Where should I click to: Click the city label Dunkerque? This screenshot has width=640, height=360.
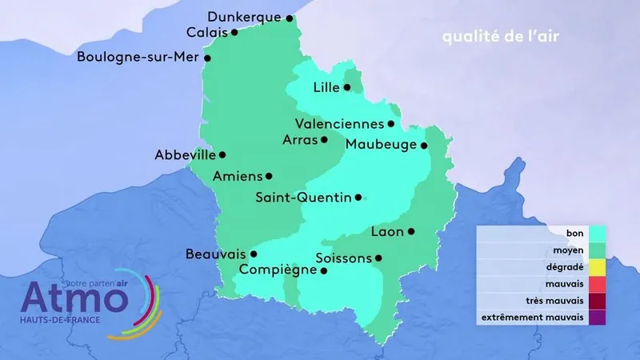244,17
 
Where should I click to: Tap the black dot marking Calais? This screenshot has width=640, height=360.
234,33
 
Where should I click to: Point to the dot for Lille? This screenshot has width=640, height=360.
347,87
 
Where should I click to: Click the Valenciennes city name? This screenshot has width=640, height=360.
338,124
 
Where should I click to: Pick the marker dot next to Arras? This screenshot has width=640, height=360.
324,139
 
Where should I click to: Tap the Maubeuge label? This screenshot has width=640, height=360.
382,145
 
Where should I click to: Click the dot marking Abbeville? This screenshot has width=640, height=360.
222,154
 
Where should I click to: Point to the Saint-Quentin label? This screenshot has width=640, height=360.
303,197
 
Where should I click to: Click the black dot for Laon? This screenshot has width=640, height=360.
411,231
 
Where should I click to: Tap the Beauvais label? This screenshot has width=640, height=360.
215,254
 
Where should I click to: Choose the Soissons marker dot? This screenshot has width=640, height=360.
378,258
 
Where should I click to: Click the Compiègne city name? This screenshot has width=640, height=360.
283,270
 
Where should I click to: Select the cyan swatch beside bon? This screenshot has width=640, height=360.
596,233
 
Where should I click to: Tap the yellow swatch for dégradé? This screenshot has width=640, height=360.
596,266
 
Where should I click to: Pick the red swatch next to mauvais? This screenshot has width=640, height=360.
596,283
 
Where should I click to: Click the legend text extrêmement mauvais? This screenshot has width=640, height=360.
531,318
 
